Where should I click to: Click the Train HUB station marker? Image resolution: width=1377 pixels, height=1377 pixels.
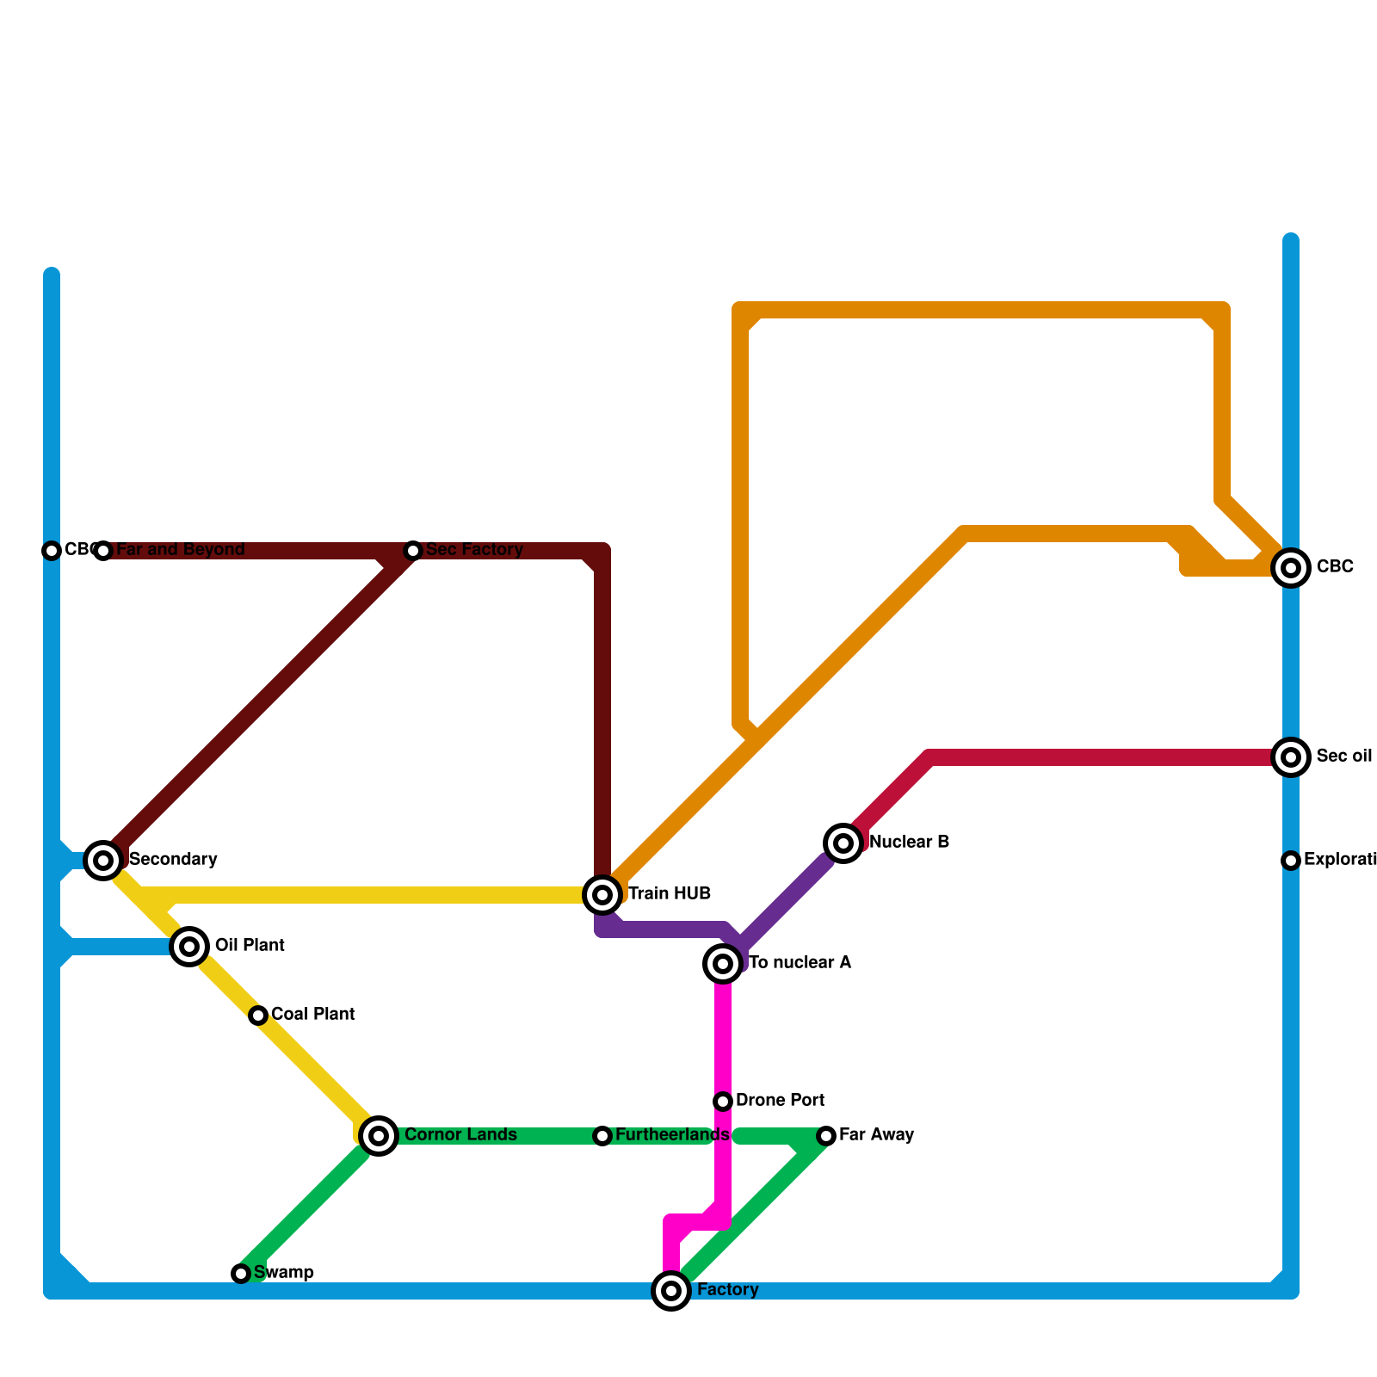pyautogui.click(x=602, y=895)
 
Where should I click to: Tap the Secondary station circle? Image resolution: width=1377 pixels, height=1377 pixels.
pyautogui.click(x=103, y=859)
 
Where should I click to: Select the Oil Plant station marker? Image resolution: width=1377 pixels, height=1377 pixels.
pyautogui.click(x=189, y=947)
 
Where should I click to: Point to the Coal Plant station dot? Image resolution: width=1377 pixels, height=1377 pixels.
pyautogui.click(x=258, y=1016)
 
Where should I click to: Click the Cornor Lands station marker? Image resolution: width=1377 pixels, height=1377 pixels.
pyautogui.click(x=379, y=1136)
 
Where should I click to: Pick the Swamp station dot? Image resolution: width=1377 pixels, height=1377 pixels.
pyautogui.click(x=241, y=1274)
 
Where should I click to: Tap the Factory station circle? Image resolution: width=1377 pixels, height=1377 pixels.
pyautogui.click(x=671, y=1291)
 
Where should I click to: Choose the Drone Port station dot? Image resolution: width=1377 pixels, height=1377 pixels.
pyautogui.click(x=723, y=1102)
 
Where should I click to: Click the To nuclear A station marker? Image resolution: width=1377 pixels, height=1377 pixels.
pyautogui.click(x=723, y=964)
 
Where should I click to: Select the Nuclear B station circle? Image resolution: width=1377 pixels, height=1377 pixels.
pyautogui.click(x=843, y=843)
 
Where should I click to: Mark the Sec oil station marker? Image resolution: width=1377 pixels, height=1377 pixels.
pyautogui.click(x=1291, y=757)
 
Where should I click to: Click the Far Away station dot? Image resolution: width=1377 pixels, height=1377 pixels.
pyautogui.click(x=826, y=1136)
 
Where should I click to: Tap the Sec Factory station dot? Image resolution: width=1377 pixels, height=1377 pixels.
pyautogui.click(x=413, y=551)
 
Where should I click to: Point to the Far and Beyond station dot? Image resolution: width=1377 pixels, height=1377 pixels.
pyautogui.click(x=103, y=551)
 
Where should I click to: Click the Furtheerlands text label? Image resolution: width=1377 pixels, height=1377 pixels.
pyautogui.click(x=671, y=1135)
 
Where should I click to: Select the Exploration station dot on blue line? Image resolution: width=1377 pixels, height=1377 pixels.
pyautogui.click(x=1291, y=861)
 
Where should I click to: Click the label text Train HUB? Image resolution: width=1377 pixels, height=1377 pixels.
pyautogui.click(x=669, y=894)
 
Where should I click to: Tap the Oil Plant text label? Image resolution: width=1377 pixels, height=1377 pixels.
pyautogui.click(x=250, y=946)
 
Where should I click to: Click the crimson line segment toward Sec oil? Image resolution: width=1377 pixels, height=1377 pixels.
pyautogui.click(x=1102, y=757)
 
